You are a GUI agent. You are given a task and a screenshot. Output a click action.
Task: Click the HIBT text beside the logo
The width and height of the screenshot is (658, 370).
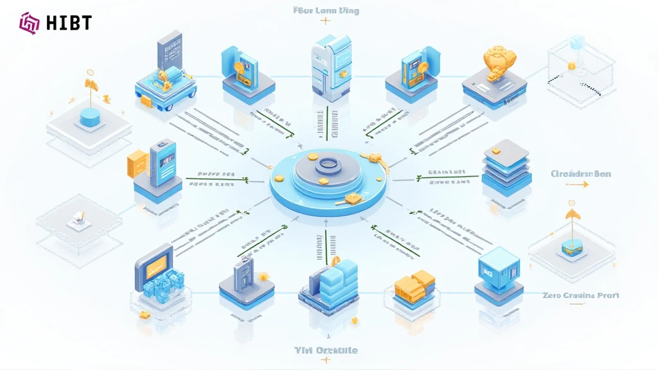click(x=69, y=23)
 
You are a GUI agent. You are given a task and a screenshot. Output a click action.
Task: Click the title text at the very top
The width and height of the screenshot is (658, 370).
click(x=325, y=10)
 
